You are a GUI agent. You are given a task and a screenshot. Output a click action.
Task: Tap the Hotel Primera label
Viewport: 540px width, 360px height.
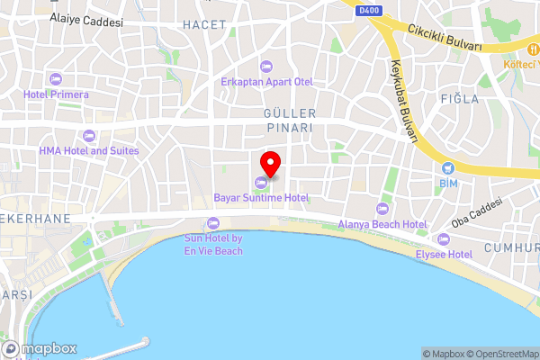(57, 94)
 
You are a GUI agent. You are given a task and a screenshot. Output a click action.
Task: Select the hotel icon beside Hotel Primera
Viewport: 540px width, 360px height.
(56, 79)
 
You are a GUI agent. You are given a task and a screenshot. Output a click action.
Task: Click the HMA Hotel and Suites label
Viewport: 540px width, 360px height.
(89, 150)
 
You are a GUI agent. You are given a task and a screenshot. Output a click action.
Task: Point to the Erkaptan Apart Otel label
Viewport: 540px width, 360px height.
(266, 81)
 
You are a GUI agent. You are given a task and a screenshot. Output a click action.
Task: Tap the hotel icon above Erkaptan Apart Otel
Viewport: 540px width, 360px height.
(266, 66)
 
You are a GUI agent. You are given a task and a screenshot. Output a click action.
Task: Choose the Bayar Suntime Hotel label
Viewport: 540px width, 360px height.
(261, 197)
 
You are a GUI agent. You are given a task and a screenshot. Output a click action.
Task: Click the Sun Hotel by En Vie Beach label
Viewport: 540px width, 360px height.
(213, 244)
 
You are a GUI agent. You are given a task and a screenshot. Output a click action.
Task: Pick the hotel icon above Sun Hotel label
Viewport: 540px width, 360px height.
(213, 221)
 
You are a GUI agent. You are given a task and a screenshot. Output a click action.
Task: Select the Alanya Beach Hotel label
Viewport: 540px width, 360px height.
(382, 223)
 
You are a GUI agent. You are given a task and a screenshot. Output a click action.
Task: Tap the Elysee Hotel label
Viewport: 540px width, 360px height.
(443, 255)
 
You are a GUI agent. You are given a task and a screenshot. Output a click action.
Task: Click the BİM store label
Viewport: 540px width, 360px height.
(448, 183)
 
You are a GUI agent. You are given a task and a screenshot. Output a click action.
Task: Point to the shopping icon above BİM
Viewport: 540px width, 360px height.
(448, 167)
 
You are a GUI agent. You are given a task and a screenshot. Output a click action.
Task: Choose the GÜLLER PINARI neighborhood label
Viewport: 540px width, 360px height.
(288, 121)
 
